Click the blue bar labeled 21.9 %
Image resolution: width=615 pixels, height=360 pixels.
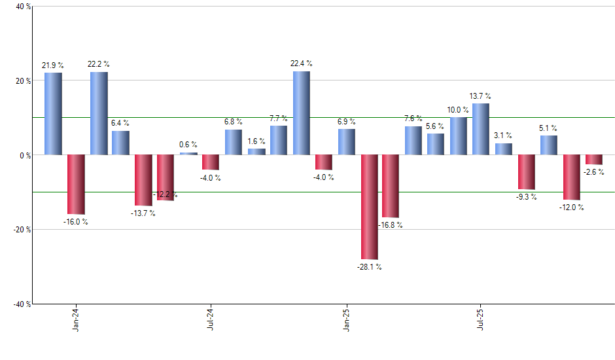[x=53, y=114]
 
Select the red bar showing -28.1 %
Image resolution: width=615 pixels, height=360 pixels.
[x=369, y=207]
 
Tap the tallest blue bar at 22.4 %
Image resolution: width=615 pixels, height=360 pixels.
[x=301, y=113]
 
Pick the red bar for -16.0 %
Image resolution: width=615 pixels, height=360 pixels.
[x=76, y=185]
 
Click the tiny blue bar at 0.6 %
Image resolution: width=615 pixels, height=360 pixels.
[x=188, y=154]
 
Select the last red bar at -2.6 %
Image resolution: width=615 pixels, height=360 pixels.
[x=594, y=160]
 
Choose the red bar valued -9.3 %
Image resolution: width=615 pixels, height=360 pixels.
[x=527, y=172]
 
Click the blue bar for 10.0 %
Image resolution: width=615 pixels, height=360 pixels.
[x=459, y=136]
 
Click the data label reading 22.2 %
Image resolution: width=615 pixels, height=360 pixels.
[x=99, y=64]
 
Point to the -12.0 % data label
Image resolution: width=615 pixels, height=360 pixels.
[x=571, y=207]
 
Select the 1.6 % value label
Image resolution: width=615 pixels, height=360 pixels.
[x=256, y=141]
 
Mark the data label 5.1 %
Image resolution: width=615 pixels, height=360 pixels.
[x=549, y=128]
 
